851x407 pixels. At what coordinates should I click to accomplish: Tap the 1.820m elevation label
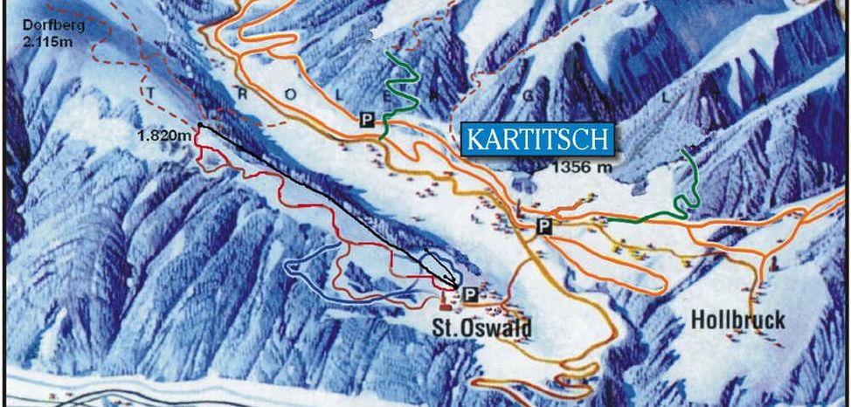click(163, 135)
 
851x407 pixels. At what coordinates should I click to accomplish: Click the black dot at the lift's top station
click(200, 126)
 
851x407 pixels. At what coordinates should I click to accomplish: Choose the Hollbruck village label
click(737, 321)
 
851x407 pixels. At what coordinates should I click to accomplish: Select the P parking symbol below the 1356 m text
click(545, 226)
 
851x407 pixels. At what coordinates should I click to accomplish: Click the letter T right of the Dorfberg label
click(154, 92)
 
